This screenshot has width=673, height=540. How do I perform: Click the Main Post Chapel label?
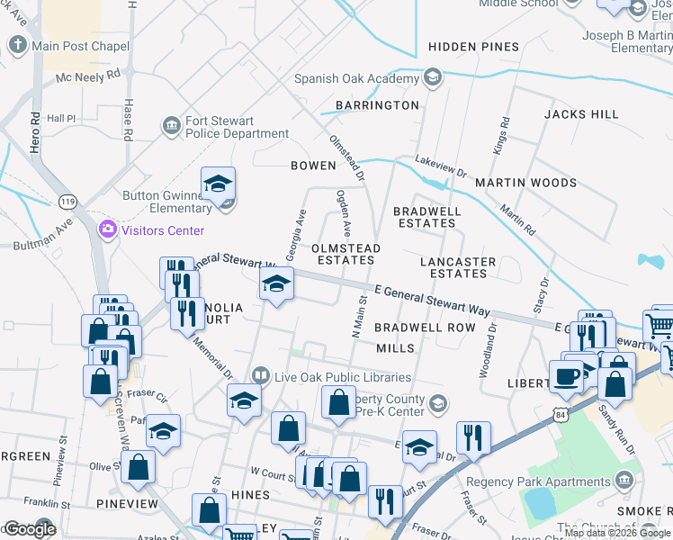pyautogui.click(x=80, y=46)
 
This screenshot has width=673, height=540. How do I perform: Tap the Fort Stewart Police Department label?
pyautogui.click(x=237, y=128)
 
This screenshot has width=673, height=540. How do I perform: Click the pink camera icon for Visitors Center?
pyautogui.click(x=108, y=229)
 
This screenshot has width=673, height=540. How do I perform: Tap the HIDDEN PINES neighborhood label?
pyautogui.click(x=473, y=47)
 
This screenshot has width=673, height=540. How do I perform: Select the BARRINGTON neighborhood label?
pyautogui.click(x=377, y=105)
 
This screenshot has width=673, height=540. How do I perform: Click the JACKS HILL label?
pyautogui.click(x=581, y=114)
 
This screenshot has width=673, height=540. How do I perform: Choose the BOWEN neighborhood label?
pyautogui.click(x=312, y=166)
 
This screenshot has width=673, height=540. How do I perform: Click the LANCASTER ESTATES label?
pyautogui.click(x=458, y=267)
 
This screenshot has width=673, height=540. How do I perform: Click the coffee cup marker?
pyautogui.click(x=566, y=376)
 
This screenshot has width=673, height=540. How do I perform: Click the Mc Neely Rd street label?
pyautogui.click(x=87, y=77)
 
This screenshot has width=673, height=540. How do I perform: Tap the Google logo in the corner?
pyautogui.click(x=30, y=529)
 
